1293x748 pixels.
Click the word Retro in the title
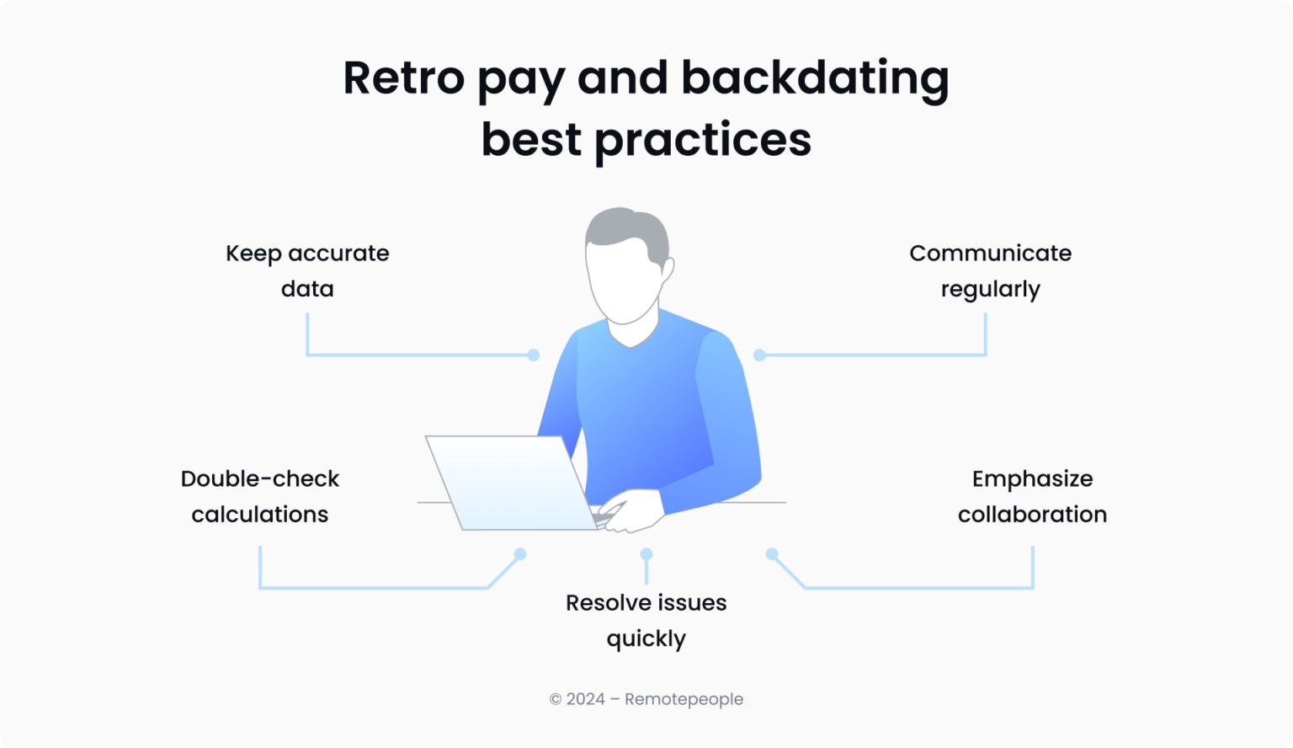pos(403,77)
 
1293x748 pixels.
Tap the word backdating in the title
pos(814,77)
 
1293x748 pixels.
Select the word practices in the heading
pos(703,140)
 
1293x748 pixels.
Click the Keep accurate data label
pos(307,270)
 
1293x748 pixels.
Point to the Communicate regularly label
pos(990,270)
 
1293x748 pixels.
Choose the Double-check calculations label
pos(259,496)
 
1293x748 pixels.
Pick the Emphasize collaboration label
pos(1032,496)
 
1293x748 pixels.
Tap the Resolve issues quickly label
pos(646,620)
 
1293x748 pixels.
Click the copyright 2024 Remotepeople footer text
pos(646,699)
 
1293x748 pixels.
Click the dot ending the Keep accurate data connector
pos(533,355)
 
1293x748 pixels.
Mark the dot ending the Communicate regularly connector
pos(759,355)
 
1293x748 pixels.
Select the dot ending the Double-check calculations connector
pos(520,554)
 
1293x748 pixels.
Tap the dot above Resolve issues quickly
pos(646,554)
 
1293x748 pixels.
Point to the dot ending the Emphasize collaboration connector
pos(771,554)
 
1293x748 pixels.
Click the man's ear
pos(668,272)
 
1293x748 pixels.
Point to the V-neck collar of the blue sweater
pos(631,339)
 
